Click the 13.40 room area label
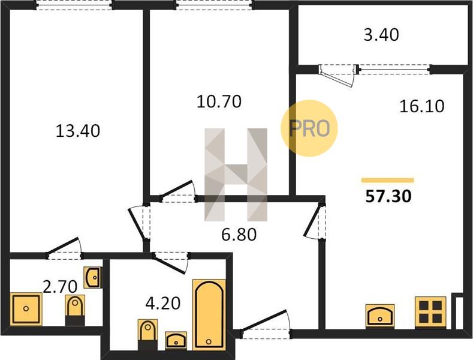78,131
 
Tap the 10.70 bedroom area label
219,101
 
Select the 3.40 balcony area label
381,34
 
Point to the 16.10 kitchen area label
421,106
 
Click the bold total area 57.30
388,196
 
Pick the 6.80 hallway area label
239,235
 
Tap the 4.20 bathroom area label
163,303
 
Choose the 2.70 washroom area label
60,287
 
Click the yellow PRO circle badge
309,128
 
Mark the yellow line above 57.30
388,181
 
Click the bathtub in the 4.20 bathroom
209,314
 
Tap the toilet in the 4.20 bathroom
147,335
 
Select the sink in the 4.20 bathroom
176,341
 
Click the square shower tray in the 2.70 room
26,308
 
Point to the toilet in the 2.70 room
75,310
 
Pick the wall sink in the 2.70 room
93,277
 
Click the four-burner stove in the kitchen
430,312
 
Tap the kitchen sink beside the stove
380,316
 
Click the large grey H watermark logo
236,175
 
